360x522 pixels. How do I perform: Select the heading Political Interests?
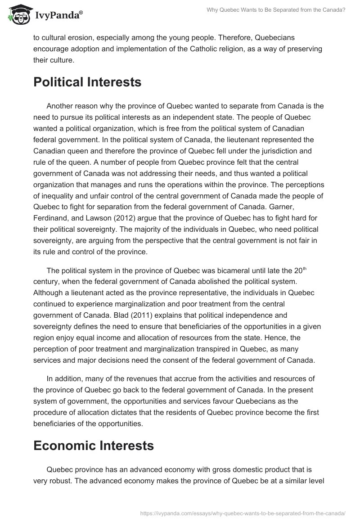click(x=87, y=82)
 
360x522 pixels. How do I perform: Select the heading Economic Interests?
click(x=94, y=445)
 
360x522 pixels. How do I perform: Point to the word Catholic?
click(x=217, y=49)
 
